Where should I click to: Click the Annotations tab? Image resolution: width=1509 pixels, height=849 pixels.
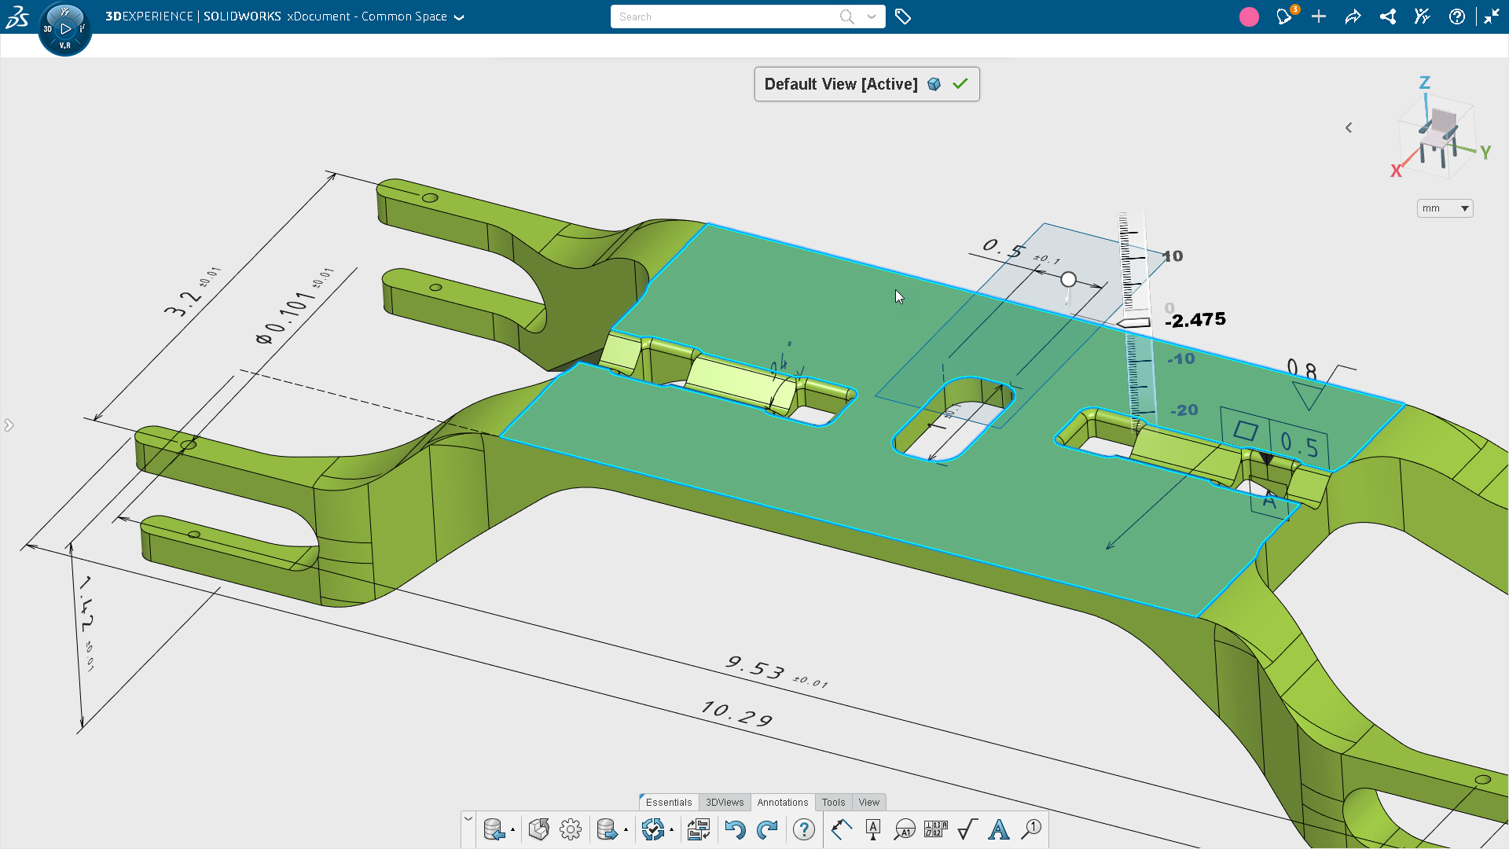pyautogui.click(x=782, y=802)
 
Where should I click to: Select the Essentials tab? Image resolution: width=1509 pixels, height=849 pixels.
pyautogui.click(x=668, y=802)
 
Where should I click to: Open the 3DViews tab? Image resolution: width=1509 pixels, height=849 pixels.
pyautogui.click(x=724, y=802)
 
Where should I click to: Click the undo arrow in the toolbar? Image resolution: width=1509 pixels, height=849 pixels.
pyautogui.click(x=735, y=829)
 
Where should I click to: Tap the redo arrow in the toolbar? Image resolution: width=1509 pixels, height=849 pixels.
pyautogui.click(x=767, y=829)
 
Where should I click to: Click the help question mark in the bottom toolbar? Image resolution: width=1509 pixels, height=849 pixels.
pyautogui.click(x=803, y=829)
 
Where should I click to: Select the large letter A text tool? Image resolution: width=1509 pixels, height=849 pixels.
pyautogui.click(x=998, y=829)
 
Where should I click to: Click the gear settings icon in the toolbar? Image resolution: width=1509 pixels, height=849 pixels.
pyautogui.click(x=571, y=829)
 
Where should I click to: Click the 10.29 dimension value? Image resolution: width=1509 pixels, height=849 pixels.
pyautogui.click(x=736, y=714)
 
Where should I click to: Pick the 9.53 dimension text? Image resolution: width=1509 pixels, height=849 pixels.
pyautogui.click(x=755, y=668)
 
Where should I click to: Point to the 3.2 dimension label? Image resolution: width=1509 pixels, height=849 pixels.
pyautogui.click(x=182, y=303)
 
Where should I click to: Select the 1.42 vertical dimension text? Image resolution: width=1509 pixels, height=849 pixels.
pyautogui.click(x=86, y=604)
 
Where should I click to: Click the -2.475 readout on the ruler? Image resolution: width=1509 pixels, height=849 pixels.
pyautogui.click(x=1195, y=320)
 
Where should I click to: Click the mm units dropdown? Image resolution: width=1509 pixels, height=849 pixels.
pyautogui.click(x=1445, y=208)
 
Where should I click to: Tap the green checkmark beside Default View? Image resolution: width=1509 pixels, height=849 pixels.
pyautogui.click(x=960, y=84)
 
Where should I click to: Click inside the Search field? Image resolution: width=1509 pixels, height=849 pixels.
pyautogui.click(x=723, y=17)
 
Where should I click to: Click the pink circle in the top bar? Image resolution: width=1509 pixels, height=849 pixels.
pyautogui.click(x=1249, y=17)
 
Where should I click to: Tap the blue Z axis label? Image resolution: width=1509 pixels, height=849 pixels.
pyautogui.click(x=1424, y=83)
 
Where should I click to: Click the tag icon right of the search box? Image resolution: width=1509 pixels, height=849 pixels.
pyautogui.click(x=903, y=17)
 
